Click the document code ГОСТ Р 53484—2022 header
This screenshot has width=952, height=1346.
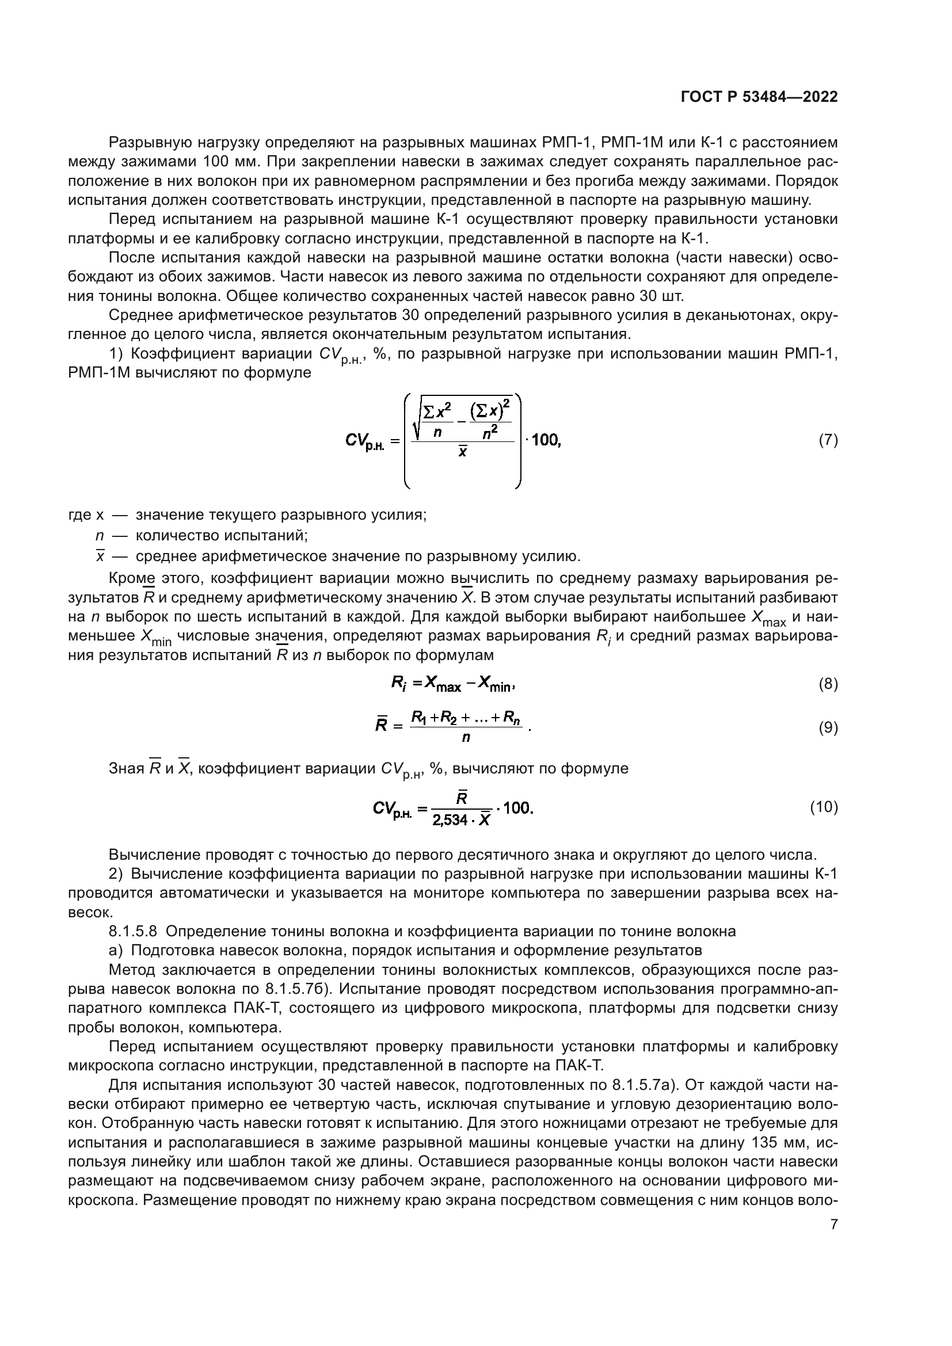[x=759, y=97]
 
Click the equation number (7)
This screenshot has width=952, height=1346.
[x=828, y=440]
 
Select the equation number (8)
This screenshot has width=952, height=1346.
[x=828, y=684]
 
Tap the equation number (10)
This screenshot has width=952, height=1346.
[x=824, y=807]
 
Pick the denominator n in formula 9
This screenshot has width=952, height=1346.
[x=466, y=738]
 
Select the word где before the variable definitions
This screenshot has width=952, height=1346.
[x=80, y=515]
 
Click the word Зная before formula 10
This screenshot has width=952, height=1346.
[x=127, y=768]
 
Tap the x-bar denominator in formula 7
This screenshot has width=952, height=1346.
[x=463, y=452]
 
